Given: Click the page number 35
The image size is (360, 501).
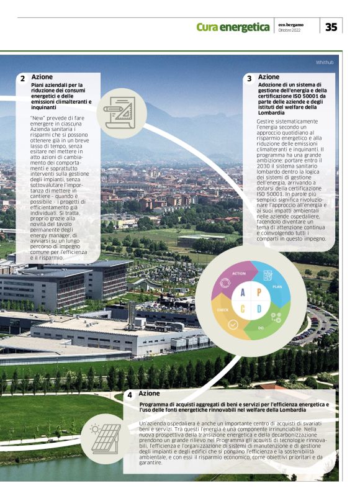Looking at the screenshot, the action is tap(331, 27).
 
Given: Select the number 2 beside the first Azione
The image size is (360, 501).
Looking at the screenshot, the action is tap(22, 79).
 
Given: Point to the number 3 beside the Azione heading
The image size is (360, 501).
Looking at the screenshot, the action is tap(249, 79).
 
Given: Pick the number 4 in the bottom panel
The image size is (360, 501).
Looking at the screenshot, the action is tap(130, 395).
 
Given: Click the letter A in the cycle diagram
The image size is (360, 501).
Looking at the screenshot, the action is tap(243, 293).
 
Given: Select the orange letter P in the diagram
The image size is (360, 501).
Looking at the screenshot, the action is tap(259, 293).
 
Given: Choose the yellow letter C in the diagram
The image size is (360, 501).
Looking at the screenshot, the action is tap(243, 309).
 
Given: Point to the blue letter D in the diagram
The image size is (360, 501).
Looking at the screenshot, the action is tap(259, 309).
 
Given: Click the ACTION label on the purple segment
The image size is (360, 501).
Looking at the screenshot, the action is tap(239, 273).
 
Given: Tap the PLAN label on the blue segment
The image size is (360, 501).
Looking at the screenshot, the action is tap(277, 287).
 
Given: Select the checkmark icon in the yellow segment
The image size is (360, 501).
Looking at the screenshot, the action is tap(233, 324).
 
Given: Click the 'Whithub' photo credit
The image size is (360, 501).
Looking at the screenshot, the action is tap(324, 62).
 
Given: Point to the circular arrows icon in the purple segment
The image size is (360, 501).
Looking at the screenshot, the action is tap(226, 284).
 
